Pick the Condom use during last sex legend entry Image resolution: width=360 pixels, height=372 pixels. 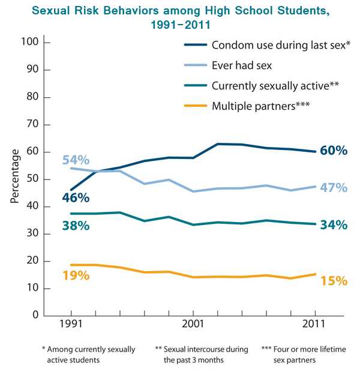pos(269,45)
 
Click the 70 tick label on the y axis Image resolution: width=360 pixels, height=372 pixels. pos(32,125)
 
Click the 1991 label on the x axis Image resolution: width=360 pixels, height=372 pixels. pos(71,324)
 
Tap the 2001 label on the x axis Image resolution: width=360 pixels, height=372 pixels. pos(193,324)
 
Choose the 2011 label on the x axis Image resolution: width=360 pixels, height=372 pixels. pos(314,324)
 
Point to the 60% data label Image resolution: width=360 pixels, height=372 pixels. pos(333,151)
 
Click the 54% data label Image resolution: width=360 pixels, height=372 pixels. pos(75,160)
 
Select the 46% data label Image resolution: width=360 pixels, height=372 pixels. pos(75,198)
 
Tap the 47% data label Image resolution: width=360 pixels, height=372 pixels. pos(333,188)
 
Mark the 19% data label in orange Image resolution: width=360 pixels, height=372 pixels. pos(75,276)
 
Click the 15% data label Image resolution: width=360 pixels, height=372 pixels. pos(333,281)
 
